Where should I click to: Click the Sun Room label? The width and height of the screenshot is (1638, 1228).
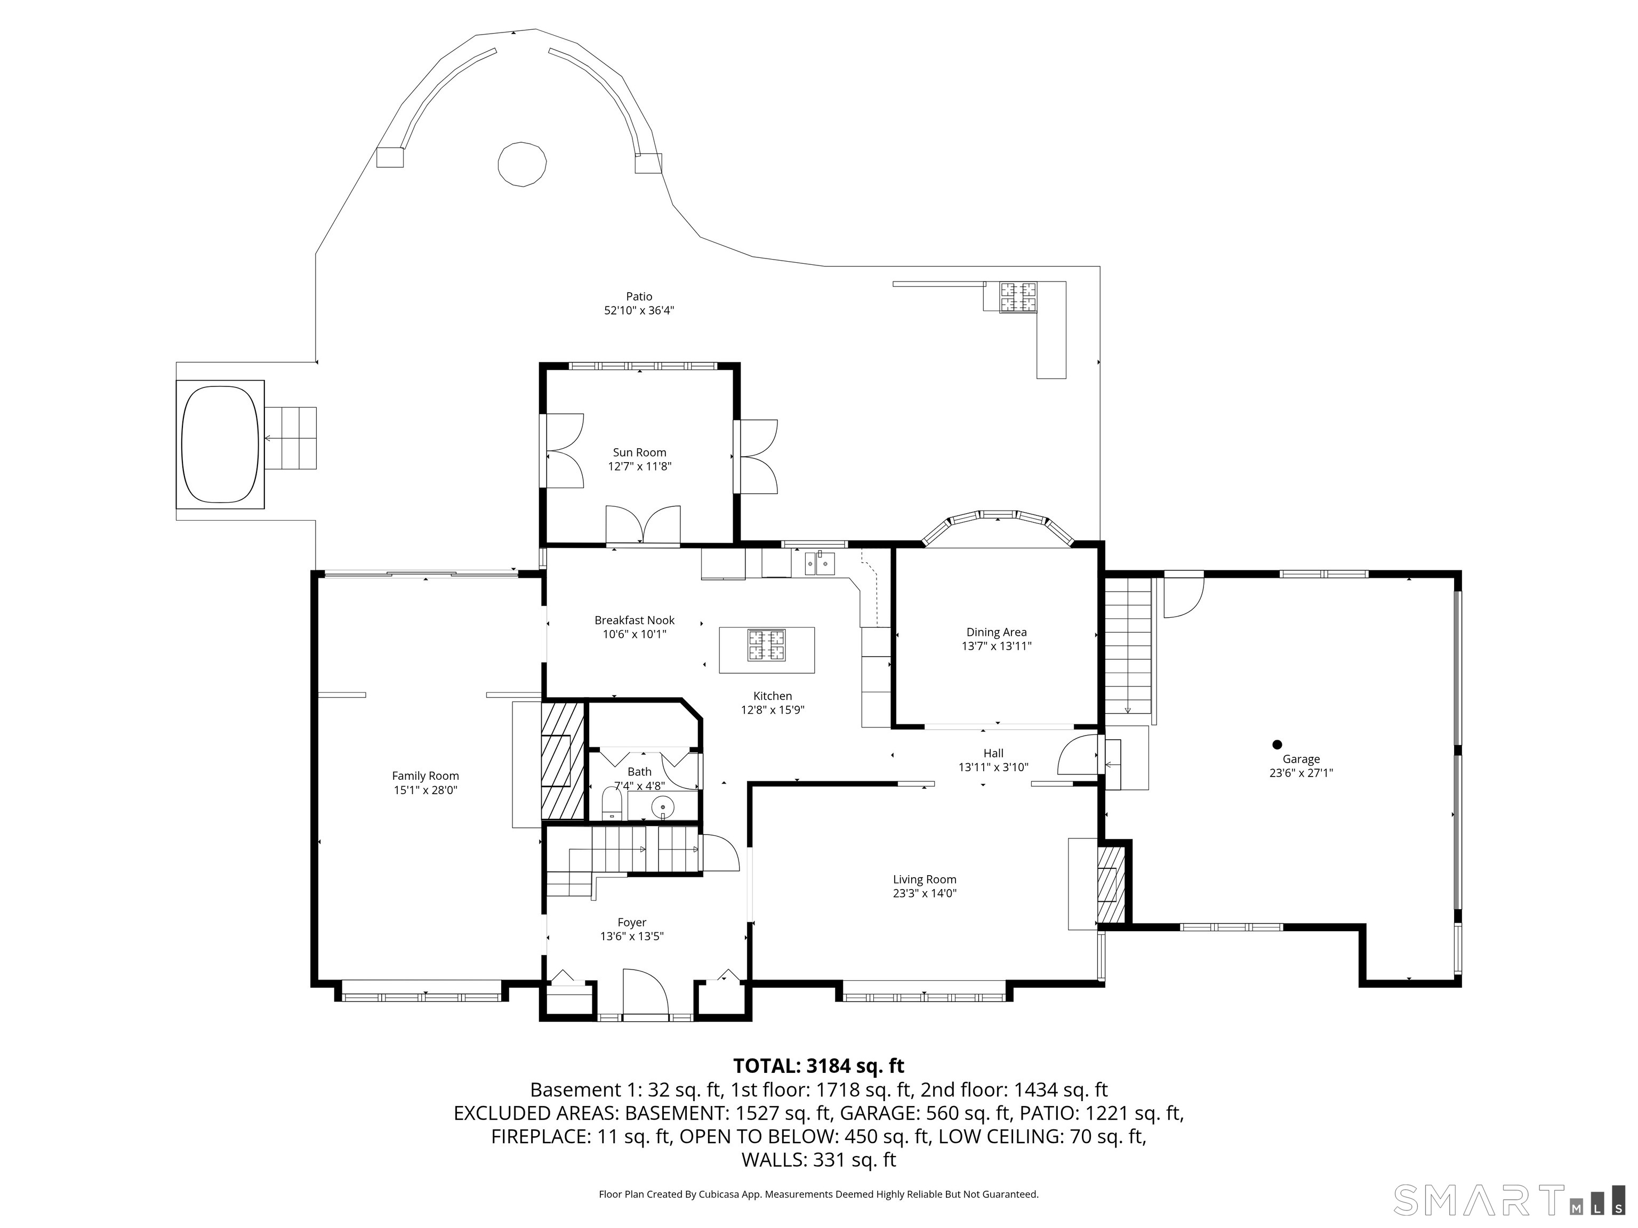tap(639, 453)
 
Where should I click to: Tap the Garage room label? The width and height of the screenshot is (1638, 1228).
tap(1301, 759)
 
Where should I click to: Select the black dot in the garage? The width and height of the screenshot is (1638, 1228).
tap(1276, 745)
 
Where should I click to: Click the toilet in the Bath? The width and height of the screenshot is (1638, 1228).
tap(612, 803)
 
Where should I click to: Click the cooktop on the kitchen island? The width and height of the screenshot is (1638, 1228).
tap(766, 644)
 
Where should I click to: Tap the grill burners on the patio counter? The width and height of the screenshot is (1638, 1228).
tap(1018, 297)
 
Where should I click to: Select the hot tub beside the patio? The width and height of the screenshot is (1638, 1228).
tap(220, 444)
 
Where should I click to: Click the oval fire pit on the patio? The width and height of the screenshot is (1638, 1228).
tap(522, 164)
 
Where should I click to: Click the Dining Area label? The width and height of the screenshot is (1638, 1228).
tap(996, 632)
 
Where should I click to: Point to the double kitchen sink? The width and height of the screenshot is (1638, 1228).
tap(820, 564)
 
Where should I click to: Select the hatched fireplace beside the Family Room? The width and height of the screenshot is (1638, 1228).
tap(563, 760)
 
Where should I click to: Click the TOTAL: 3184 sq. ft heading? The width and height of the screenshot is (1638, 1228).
tap(818, 1066)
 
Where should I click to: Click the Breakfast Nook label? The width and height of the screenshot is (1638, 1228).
tap(635, 620)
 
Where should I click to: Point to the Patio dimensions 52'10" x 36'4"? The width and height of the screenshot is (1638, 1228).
tap(639, 311)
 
